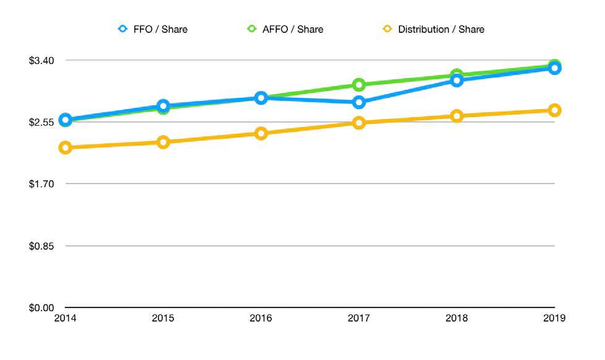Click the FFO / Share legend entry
tap(154, 29)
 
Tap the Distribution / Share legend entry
tap(433, 29)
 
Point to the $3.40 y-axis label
tap(42, 60)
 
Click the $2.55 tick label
tap(42, 122)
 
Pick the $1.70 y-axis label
tap(42, 184)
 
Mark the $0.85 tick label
tap(42, 246)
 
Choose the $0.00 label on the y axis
tap(42, 307)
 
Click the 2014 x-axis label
tap(65, 319)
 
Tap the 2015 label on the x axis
tap(163, 319)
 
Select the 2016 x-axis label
tap(261, 319)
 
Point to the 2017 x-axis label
tap(359, 319)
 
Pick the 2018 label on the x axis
tap(456, 319)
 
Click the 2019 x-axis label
tap(554, 319)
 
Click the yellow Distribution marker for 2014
tap(65, 147)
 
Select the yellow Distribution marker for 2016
tap(261, 133)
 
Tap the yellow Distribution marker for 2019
tap(554, 110)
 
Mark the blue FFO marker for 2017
tap(359, 102)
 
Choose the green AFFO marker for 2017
tap(359, 85)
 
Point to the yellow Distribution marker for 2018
tap(456, 116)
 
